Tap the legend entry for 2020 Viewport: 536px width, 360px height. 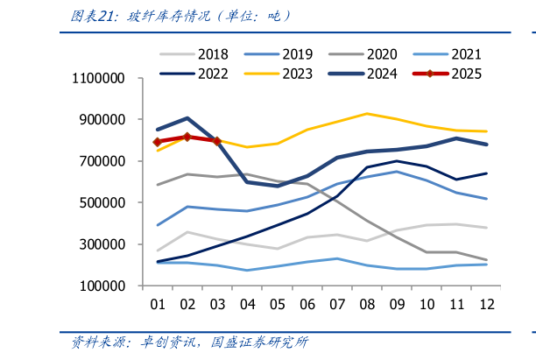370,54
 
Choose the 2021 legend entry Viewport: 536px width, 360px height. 455,54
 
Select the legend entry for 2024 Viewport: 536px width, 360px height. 370,74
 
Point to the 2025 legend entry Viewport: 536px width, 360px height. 455,74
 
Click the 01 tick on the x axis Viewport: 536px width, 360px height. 159,304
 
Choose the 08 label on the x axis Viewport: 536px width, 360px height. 367,304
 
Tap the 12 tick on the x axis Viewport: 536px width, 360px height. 486,304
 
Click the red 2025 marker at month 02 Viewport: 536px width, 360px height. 187,137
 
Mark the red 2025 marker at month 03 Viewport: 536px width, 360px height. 216,141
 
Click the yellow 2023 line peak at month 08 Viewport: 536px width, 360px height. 367,114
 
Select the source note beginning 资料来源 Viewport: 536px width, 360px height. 189,342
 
